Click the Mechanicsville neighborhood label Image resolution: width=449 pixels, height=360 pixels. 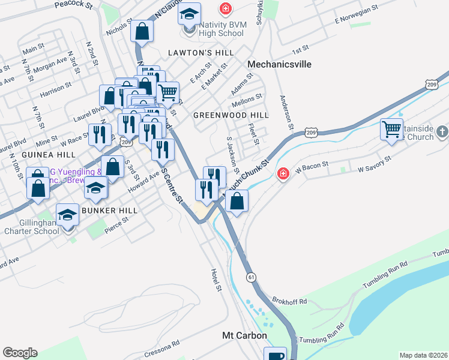[279, 64]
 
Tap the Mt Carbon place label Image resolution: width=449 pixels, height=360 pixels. [244, 335]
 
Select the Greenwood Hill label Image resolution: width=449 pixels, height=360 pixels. [231, 115]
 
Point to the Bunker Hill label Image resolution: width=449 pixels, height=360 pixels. [110, 211]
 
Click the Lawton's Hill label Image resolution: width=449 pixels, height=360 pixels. [200, 53]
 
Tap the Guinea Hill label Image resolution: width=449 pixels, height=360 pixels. [42, 154]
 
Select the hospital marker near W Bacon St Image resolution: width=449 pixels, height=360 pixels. [282, 173]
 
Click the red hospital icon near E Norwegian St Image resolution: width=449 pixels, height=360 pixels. [225, 9]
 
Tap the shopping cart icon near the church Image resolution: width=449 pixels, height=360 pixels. [391, 129]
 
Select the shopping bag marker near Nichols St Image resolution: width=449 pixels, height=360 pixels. [142, 31]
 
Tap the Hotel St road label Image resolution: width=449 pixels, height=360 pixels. [217, 280]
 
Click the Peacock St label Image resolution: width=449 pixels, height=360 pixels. [73, 5]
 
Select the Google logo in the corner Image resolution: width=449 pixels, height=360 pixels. [20, 353]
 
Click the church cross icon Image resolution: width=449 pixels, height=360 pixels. [441, 131]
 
